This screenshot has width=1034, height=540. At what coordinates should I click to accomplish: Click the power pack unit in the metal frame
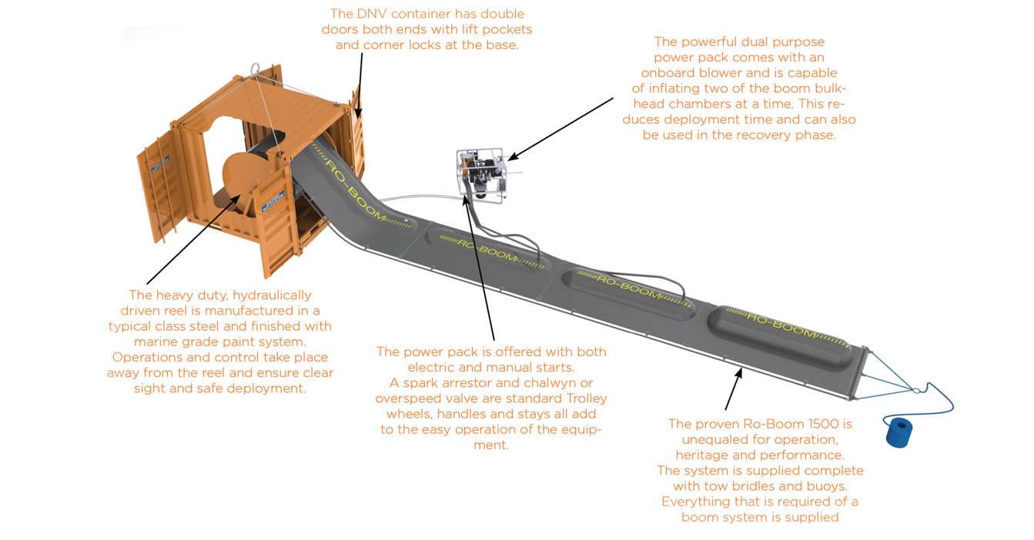click(x=482, y=175)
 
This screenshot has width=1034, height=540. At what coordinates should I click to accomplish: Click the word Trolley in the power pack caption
click(x=581, y=398)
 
